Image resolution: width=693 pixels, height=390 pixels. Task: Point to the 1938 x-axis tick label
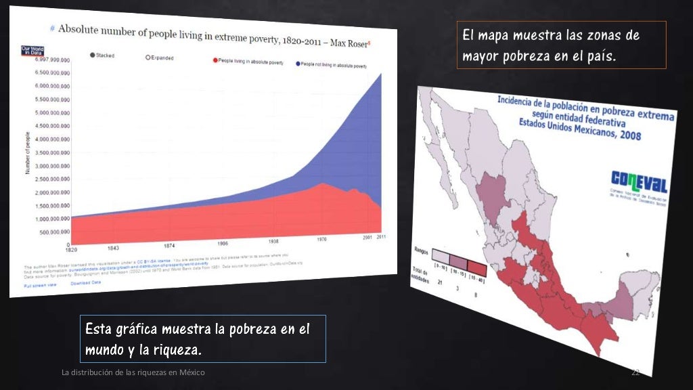click(x=273, y=241)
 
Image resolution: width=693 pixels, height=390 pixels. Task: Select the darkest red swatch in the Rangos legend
click(x=476, y=267)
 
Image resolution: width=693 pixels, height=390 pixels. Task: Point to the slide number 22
click(x=635, y=373)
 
